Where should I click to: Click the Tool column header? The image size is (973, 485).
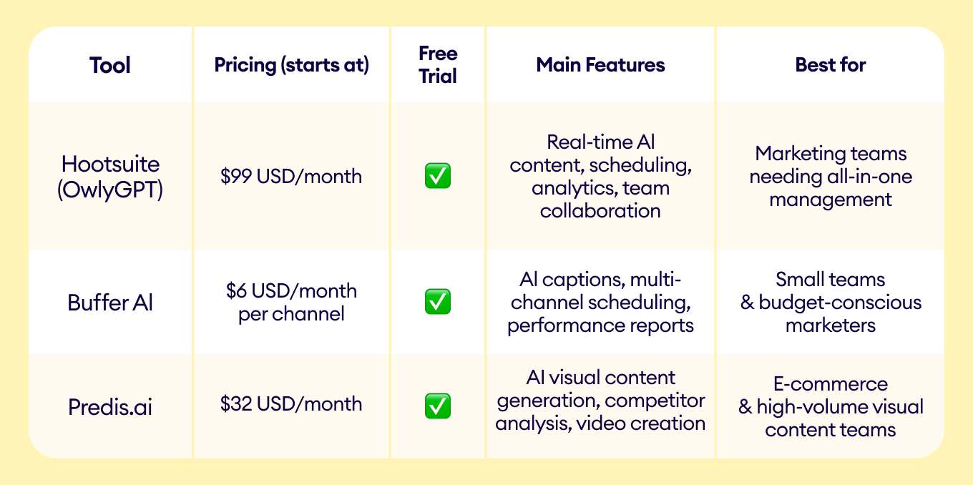tap(110, 65)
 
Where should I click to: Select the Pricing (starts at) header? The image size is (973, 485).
tap(291, 65)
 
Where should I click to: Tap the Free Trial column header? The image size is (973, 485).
tap(438, 64)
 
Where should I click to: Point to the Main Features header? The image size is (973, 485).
tap(600, 65)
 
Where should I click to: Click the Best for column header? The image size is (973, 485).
tap(831, 65)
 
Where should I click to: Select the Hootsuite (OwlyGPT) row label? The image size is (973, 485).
tap(110, 177)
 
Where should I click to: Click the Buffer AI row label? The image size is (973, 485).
tap(110, 303)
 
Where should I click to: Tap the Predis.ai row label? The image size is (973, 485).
tap(110, 407)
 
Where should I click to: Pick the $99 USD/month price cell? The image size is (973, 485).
tap(291, 176)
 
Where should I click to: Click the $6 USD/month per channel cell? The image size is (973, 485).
tap(291, 302)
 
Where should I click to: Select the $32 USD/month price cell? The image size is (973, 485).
tap(291, 403)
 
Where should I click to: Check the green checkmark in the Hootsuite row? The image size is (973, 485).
tap(438, 176)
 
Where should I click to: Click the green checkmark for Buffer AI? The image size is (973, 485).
tap(438, 301)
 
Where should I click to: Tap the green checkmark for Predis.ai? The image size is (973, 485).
tap(438, 406)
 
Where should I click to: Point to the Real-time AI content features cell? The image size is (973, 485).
tap(600, 176)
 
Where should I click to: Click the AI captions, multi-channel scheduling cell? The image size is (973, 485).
tap(600, 302)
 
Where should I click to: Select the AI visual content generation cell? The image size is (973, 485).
tap(600, 401)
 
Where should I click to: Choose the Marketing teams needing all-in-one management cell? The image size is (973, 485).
tap(831, 176)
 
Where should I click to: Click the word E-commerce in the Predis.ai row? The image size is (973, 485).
tap(831, 384)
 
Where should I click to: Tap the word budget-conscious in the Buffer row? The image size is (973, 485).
tap(840, 303)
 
